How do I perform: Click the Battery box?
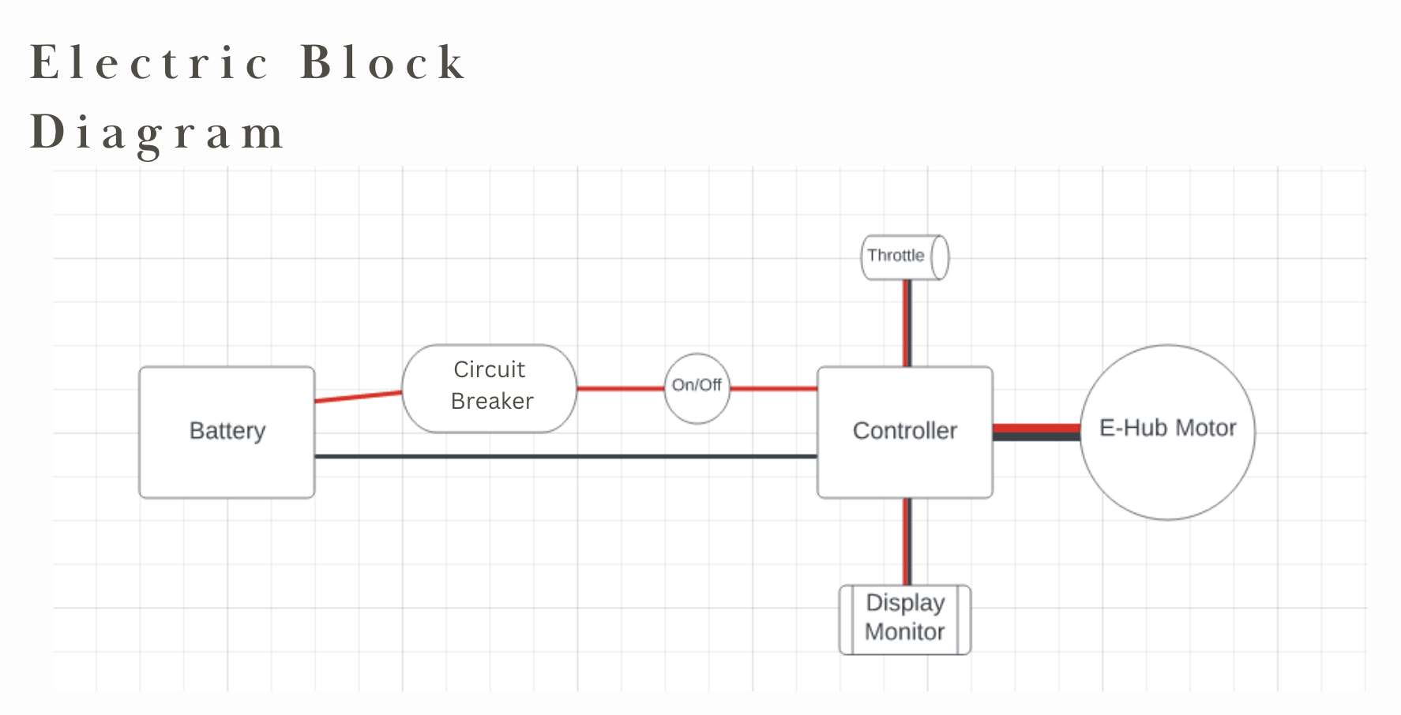[227, 432]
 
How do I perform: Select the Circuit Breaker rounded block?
[490, 387]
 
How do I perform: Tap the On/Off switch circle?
[697, 387]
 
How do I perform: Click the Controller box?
[904, 432]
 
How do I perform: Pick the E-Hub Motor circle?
[1167, 432]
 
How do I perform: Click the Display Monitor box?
[904, 619]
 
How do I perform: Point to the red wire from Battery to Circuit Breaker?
[358, 396]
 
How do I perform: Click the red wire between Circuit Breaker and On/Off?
[620, 388]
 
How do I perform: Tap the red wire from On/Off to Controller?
[773, 388]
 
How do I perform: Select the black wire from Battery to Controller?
[565, 456]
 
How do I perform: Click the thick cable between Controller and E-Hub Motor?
[1036, 432]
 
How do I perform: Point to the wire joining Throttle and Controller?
[907, 323]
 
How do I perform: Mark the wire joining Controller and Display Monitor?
[907, 541]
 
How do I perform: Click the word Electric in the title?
[149, 62]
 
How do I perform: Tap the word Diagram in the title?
[156, 132]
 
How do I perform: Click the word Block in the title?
[384, 62]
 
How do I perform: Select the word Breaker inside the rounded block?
[492, 402]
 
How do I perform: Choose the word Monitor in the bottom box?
[904, 632]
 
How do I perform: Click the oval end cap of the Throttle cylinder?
[939, 256]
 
